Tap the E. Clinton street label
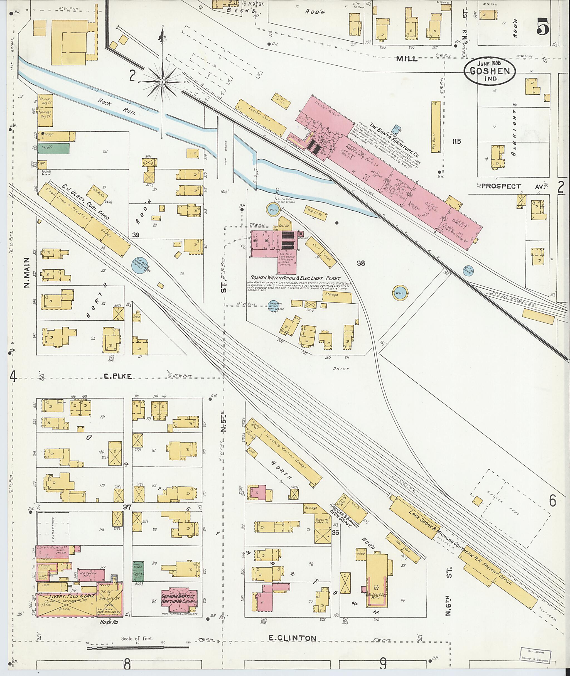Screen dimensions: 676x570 pos(293,638)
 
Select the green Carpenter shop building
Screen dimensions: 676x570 pos(53,148)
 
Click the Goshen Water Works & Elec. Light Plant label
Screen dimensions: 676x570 pos(296,278)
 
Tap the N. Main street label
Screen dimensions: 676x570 pos(27,272)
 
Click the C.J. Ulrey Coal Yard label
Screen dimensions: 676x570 pos(86,202)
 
